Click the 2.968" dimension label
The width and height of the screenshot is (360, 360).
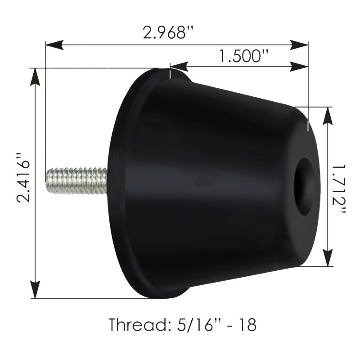(168, 32)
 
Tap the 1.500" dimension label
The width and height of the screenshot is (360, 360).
(243, 56)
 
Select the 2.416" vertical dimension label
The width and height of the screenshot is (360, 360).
(23, 177)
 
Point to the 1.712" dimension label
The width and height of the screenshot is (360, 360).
(339, 189)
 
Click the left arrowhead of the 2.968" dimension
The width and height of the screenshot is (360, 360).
(54, 45)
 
